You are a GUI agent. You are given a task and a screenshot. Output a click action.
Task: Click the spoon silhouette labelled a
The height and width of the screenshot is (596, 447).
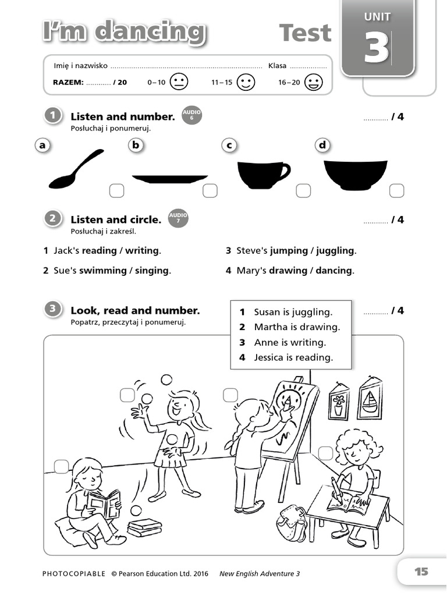pyautogui.click(x=76, y=170)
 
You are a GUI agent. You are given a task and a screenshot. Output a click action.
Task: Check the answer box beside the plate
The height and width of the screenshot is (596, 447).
pyautogui.click(x=210, y=191)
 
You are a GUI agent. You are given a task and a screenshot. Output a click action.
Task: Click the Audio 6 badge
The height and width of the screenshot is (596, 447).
pyautogui.click(x=191, y=115)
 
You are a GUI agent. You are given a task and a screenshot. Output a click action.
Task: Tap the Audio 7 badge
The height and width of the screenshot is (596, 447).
pyautogui.click(x=178, y=218)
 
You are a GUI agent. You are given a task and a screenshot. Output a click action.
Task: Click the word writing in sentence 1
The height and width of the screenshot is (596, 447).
pyautogui.click(x=142, y=251)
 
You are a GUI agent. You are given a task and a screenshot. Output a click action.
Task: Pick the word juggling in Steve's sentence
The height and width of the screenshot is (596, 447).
pyautogui.click(x=335, y=251)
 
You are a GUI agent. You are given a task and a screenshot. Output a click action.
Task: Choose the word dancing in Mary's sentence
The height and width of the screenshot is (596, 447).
pyautogui.click(x=334, y=271)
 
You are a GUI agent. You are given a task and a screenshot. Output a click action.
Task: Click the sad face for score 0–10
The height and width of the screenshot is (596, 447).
pyautogui.click(x=179, y=82)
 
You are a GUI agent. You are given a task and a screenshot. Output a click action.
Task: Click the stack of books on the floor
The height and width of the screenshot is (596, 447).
pyautogui.click(x=144, y=527)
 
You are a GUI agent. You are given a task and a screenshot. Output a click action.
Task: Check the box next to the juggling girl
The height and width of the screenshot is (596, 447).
pyautogui.click(x=127, y=395)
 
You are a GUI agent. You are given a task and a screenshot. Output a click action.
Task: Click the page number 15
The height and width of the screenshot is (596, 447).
pyautogui.click(x=421, y=572)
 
